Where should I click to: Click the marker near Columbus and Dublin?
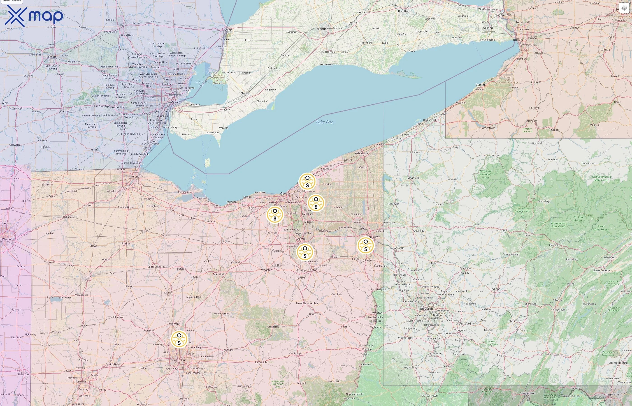179,339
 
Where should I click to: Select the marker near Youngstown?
366,245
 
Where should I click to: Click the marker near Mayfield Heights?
307,182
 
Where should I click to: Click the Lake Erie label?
324,122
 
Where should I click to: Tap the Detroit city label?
175,101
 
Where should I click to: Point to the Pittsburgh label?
425,309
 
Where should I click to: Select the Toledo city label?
135,177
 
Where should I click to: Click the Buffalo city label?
518,39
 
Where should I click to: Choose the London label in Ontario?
323,29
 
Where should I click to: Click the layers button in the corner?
624,8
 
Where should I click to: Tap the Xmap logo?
34,16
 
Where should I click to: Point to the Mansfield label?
219,274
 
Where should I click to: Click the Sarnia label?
228,30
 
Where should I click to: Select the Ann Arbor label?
118,107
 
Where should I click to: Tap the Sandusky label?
203,198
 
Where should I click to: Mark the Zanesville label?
261,362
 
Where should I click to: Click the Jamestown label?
488,128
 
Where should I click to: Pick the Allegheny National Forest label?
485,174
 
